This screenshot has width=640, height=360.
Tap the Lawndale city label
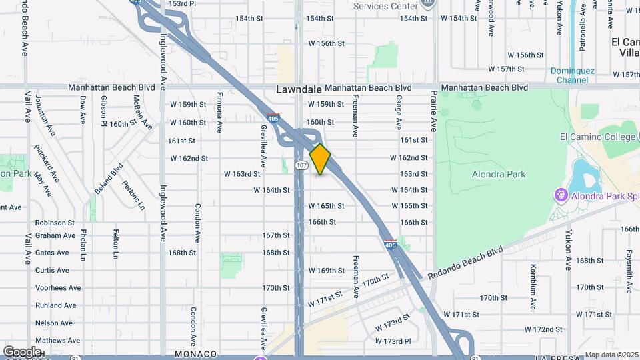(x=299, y=89)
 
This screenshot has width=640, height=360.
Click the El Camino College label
(x=597, y=137)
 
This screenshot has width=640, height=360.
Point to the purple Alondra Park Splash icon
(x=561, y=195)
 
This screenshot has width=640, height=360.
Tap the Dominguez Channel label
(x=569, y=75)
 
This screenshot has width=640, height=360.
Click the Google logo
(x=22, y=351)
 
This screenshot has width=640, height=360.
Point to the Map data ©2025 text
(x=611, y=355)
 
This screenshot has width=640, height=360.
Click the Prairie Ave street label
(x=433, y=110)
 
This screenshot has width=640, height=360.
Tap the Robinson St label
(x=55, y=223)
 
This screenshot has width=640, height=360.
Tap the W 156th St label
(x=326, y=43)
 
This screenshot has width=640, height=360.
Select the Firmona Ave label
(x=219, y=110)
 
